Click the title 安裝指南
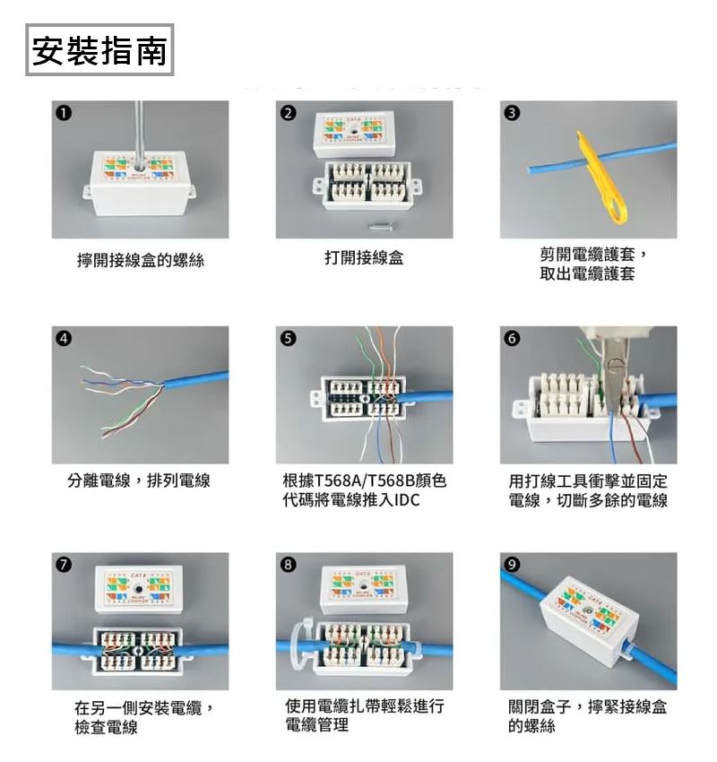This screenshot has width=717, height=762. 99,51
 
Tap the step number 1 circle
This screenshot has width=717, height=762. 64,112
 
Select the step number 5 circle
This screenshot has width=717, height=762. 288,339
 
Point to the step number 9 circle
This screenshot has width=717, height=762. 512,564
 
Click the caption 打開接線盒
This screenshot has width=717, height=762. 364,259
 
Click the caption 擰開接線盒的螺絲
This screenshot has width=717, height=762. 141,261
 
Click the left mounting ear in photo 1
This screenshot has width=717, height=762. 87,193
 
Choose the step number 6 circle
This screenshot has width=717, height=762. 512,339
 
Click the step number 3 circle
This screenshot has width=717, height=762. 512,112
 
